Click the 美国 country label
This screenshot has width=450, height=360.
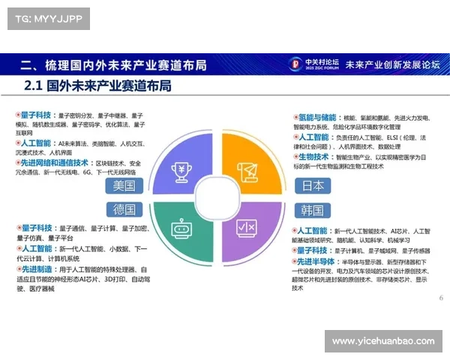coord(124,185)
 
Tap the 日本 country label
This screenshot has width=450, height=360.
coord(313,185)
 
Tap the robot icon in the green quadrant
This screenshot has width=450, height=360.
coord(181,228)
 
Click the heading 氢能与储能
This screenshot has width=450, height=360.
coord(316,118)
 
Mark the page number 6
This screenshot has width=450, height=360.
coord(440,298)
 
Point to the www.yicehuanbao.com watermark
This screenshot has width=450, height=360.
coord(382,341)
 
